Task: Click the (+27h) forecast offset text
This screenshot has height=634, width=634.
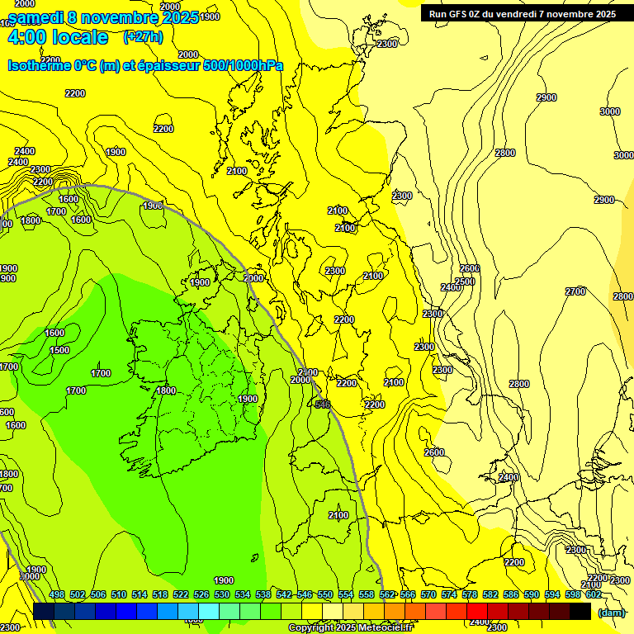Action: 143,36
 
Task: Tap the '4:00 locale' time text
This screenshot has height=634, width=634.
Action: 57,37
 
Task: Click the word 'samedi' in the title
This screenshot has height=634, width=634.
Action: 36,17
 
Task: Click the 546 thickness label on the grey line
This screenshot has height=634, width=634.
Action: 323,404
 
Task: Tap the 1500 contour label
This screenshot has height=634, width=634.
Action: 59,350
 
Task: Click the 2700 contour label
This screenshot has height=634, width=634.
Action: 575,291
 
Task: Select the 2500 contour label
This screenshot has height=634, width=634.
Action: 465,282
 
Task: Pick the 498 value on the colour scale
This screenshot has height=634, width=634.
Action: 57,594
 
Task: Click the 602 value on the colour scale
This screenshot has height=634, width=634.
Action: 593,594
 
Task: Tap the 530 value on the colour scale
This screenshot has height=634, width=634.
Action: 222,594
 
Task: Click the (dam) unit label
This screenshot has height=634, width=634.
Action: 612,612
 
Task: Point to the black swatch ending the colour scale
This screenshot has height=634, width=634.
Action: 580,611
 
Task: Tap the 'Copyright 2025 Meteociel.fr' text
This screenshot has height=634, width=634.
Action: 350,628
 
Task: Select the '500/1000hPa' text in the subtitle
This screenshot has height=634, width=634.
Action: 245,65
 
